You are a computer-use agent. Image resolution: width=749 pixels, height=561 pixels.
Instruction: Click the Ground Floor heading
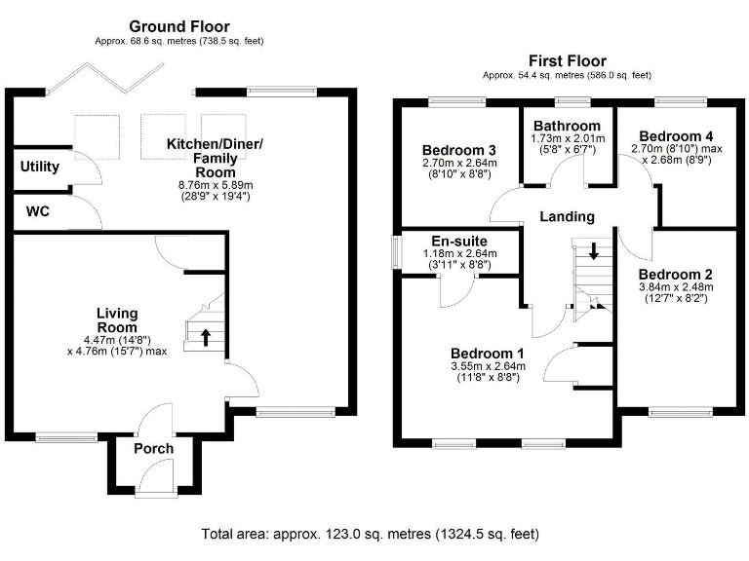click(179, 26)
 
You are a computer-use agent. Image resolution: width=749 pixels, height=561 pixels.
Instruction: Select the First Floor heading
click(567, 60)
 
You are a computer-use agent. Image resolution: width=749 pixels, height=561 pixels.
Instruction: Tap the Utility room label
click(40, 167)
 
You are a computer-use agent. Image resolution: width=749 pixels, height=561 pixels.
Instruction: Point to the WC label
click(39, 210)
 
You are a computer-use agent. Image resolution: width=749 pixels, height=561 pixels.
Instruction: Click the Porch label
click(153, 449)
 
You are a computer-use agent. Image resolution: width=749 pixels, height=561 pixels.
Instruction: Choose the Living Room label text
click(116, 320)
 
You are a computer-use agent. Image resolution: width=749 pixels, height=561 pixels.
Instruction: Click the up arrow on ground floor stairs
click(206, 337)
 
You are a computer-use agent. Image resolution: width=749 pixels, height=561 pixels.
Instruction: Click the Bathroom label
click(567, 126)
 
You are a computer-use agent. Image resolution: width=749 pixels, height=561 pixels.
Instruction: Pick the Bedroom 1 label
click(488, 353)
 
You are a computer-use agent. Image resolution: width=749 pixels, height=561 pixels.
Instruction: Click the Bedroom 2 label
click(675, 275)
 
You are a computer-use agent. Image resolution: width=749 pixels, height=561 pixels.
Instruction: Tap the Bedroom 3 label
click(459, 150)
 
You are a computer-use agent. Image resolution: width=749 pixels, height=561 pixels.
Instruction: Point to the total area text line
click(370, 534)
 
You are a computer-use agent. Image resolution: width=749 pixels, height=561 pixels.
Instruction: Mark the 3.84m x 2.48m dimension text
click(675, 287)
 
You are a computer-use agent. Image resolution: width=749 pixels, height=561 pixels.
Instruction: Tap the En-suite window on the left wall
click(395, 251)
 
